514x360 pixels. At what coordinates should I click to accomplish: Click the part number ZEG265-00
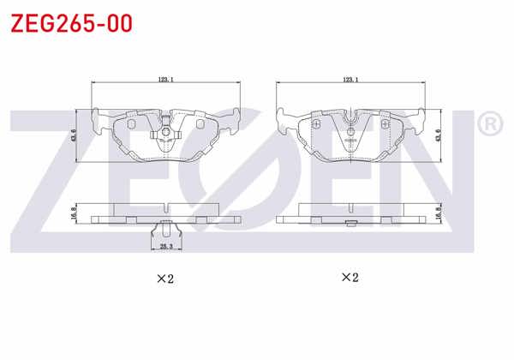[70, 23]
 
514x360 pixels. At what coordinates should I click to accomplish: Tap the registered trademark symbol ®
[489, 125]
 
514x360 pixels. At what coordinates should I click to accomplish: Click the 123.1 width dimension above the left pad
[166, 79]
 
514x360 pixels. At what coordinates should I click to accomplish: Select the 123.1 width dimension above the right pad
[350, 79]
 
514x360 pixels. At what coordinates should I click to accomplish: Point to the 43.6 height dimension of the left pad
[74, 136]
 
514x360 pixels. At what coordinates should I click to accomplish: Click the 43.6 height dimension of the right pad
[439, 135]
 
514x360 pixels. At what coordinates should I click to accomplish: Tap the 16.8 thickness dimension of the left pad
[74, 212]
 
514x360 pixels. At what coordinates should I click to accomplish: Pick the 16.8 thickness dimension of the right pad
[439, 213]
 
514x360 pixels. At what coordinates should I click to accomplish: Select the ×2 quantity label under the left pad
[164, 279]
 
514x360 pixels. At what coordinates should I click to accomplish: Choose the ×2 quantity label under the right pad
[350, 277]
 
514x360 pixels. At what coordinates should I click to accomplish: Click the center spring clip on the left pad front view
[164, 133]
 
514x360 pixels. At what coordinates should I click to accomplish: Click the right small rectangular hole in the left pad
[200, 123]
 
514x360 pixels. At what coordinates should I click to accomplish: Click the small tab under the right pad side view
[350, 225]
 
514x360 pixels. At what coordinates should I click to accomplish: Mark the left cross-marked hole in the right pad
[316, 125]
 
